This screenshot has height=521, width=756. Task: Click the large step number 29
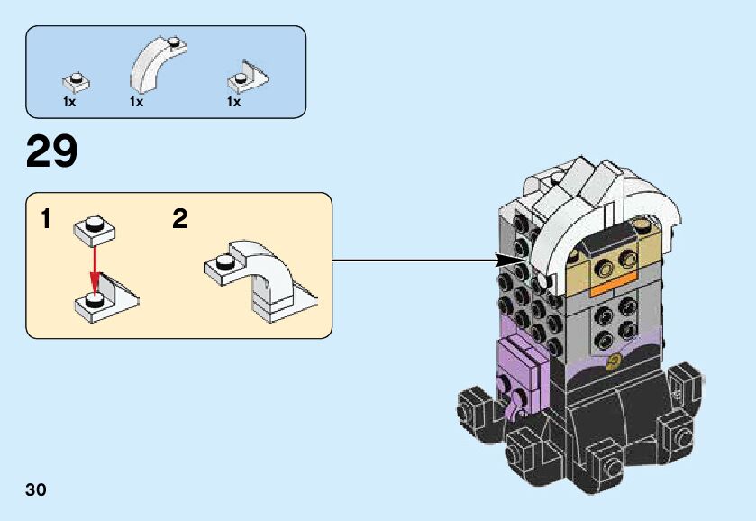coord(51,151)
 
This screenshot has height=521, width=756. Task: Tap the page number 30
coord(36,490)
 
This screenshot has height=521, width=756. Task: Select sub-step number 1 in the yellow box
coord(46,219)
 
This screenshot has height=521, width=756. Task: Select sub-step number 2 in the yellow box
coord(180,219)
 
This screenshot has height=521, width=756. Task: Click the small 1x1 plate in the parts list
coord(77,83)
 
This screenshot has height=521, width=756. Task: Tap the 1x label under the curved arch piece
coord(136,103)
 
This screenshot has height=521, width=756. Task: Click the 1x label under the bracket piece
coord(233,103)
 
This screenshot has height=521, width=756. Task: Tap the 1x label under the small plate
coord(69,103)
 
